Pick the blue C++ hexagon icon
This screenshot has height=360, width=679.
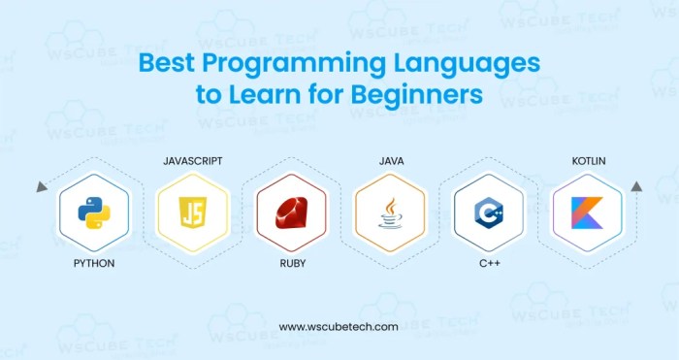488,211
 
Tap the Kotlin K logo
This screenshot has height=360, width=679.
587,211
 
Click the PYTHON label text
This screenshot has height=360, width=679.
92,263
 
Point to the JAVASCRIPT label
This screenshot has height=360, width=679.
192,157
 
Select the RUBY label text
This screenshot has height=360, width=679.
291,263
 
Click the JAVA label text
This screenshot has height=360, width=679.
390,157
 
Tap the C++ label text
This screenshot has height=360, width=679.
488,263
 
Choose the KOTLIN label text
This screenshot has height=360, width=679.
589,157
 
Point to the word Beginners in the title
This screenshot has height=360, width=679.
414,97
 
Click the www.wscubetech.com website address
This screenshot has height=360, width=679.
339,327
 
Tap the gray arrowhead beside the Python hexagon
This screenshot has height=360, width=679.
42,185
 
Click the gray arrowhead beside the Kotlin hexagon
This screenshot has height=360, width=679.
636,185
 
